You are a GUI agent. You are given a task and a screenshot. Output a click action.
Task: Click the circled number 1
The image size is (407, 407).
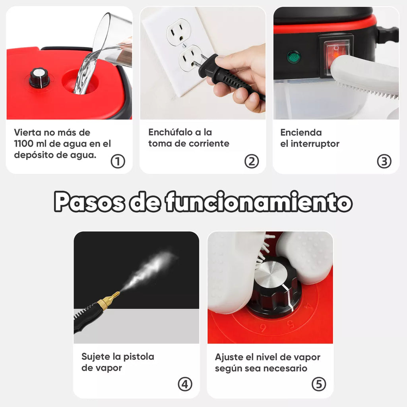point(118,161)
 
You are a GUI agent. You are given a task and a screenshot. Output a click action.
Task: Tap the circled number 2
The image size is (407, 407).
point(252,161)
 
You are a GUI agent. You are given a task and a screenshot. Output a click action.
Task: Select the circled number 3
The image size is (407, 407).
point(384,161)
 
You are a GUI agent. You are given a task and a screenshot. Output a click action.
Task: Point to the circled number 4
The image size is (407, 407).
point(185,384)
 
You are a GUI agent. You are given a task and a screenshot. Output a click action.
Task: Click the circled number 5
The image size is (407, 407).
point(319,384)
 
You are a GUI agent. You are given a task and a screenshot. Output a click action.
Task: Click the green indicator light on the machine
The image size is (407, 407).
point(294,57)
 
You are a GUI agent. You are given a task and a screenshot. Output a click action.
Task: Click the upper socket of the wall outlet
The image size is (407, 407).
point(177,31)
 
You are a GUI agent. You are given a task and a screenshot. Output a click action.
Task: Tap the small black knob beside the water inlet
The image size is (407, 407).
point(39,78)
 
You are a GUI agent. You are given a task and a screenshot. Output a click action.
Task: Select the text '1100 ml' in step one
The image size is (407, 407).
point(32,143)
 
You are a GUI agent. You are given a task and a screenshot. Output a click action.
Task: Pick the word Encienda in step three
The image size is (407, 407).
point(301,132)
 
